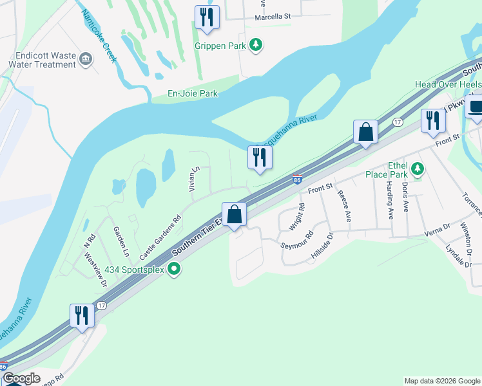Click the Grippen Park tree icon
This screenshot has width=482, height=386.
[x=257, y=44]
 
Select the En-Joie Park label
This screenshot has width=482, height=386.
[x=191, y=93]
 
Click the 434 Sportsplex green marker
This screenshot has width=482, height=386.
[x=173, y=268]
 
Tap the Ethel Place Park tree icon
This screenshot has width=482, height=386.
[x=418, y=169]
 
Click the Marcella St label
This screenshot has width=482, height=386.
[x=273, y=17]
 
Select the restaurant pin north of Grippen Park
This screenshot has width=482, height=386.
[x=207, y=17]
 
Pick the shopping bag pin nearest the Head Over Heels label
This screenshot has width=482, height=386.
[x=365, y=133]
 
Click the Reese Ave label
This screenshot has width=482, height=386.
[x=343, y=204]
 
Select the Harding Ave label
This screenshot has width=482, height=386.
[x=390, y=200]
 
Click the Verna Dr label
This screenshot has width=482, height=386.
[x=436, y=229]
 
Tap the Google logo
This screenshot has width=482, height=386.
[x=21, y=378]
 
